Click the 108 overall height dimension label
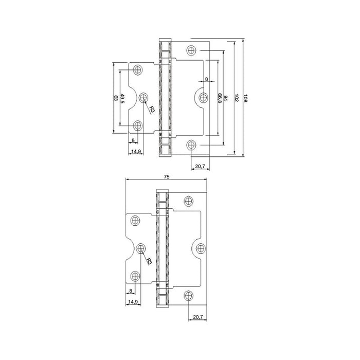245,98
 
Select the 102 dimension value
237,98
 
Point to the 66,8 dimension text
220,98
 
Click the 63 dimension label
116,98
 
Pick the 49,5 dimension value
122,99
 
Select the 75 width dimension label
167,176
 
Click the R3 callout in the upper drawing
152,110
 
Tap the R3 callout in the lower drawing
149,261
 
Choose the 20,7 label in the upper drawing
200,166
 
